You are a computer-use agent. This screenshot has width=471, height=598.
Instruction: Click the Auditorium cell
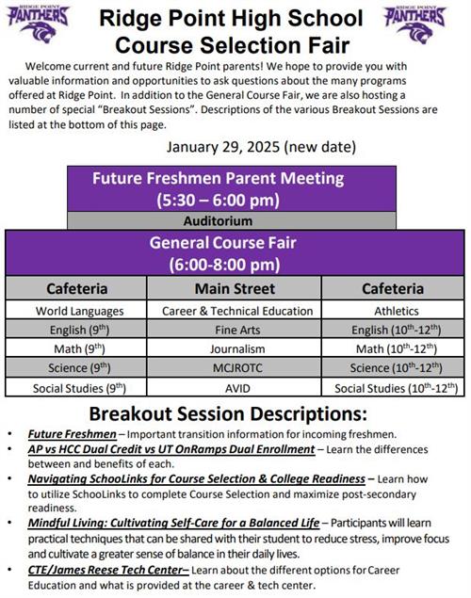[x=218, y=220]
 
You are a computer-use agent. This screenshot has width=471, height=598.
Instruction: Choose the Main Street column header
[x=235, y=288]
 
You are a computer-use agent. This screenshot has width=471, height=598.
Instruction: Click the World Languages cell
[x=79, y=310]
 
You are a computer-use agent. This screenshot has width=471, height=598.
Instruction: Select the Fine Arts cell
[x=236, y=330]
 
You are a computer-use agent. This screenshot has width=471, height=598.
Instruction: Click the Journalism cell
[x=236, y=348]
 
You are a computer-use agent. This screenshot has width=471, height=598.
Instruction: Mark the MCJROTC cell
[x=236, y=367]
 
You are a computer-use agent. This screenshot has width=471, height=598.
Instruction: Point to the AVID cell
[x=236, y=387]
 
